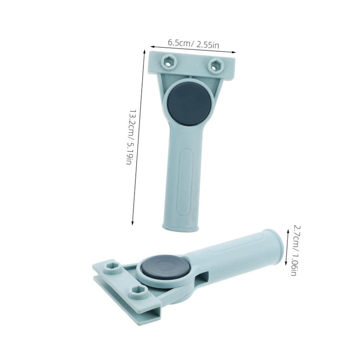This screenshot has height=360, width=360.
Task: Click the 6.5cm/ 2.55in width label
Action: (x=193, y=44)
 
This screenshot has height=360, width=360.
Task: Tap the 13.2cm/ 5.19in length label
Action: (x=130, y=136)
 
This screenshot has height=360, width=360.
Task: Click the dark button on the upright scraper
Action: (x=189, y=104)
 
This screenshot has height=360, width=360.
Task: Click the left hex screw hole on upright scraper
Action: (x=168, y=62)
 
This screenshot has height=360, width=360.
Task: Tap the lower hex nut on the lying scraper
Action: (x=138, y=292)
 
